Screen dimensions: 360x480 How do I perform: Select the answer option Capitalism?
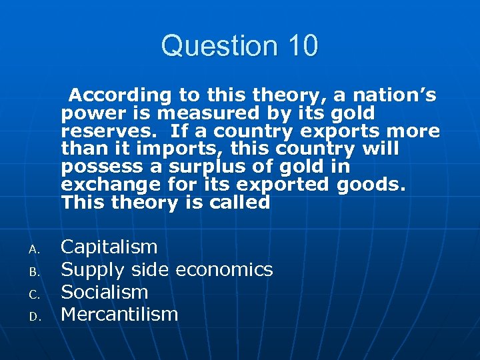click(109, 247)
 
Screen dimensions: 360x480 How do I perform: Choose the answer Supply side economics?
click(167, 269)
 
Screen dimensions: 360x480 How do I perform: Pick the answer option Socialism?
click(104, 292)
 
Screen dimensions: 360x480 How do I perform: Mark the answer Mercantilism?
click(119, 314)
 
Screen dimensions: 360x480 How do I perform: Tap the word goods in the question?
click(370, 185)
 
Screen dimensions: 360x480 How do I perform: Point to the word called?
click(235, 203)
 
